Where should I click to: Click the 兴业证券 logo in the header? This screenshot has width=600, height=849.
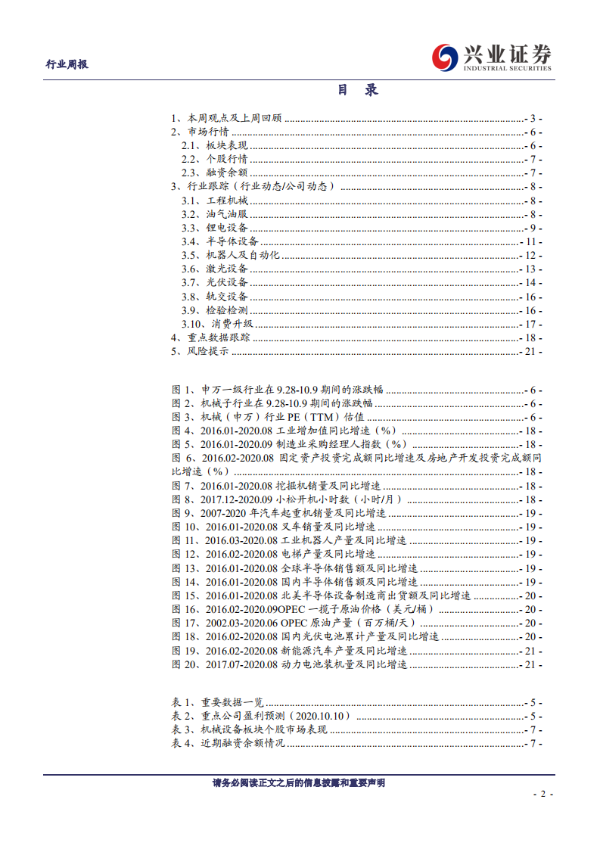tap(492, 58)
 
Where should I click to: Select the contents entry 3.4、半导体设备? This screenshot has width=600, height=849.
tap(219, 241)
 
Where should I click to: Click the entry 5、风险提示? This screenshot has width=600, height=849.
tap(200, 351)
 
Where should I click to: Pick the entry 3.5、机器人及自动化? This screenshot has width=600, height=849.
tap(230, 255)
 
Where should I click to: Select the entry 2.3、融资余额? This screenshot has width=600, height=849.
tap(214, 173)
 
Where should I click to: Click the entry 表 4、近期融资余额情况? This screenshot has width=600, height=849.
tap(228, 744)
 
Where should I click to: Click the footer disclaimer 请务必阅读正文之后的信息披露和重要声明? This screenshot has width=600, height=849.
tap(299, 783)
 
